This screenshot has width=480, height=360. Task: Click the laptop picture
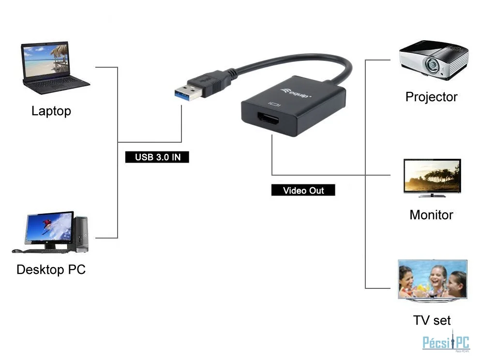point(56,68)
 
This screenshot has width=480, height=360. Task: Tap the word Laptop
point(51,111)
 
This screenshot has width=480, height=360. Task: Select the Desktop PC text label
point(51,270)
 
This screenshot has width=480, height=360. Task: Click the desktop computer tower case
point(81,234)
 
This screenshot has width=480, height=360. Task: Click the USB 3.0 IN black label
point(157,157)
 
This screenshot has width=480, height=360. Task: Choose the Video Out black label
point(303,190)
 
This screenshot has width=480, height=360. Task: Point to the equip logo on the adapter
point(296,93)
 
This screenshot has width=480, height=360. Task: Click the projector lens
point(432,64)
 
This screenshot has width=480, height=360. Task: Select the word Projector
point(431,97)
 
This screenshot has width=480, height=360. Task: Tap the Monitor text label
point(431,215)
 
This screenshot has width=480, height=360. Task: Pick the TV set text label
point(432,320)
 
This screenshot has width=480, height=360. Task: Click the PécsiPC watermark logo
point(446,342)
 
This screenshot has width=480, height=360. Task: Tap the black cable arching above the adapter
point(294,61)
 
